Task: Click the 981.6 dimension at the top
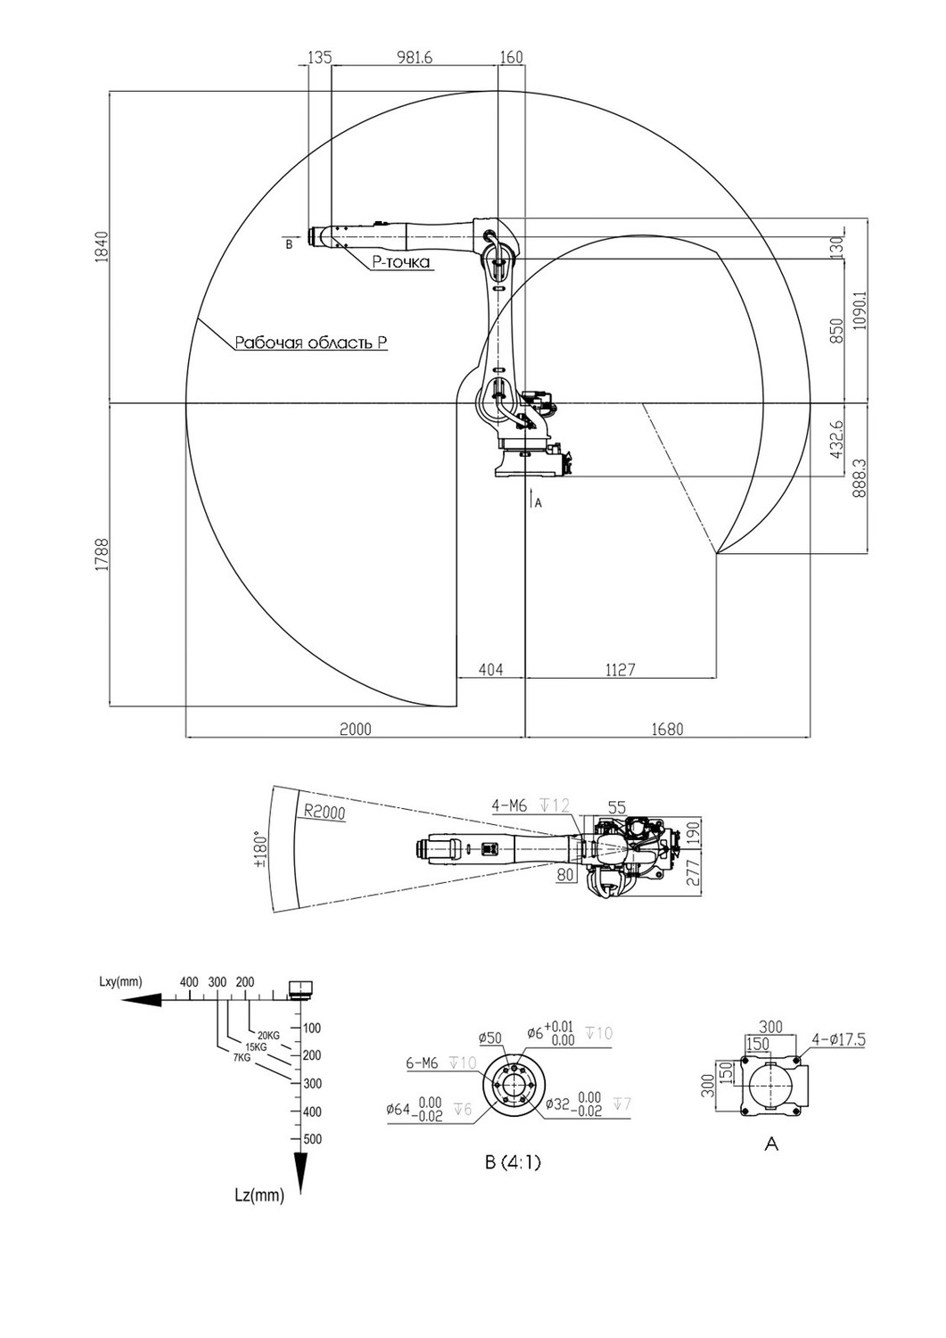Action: [x=414, y=57]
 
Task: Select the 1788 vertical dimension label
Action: [x=103, y=555]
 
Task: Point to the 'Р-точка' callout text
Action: [x=400, y=261]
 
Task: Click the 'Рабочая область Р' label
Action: [x=311, y=343]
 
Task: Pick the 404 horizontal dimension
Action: [x=491, y=669]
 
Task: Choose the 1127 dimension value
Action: [x=620, y=669]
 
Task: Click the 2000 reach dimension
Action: [x=356, y=729]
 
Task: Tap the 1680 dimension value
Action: [x=667, y=729]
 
